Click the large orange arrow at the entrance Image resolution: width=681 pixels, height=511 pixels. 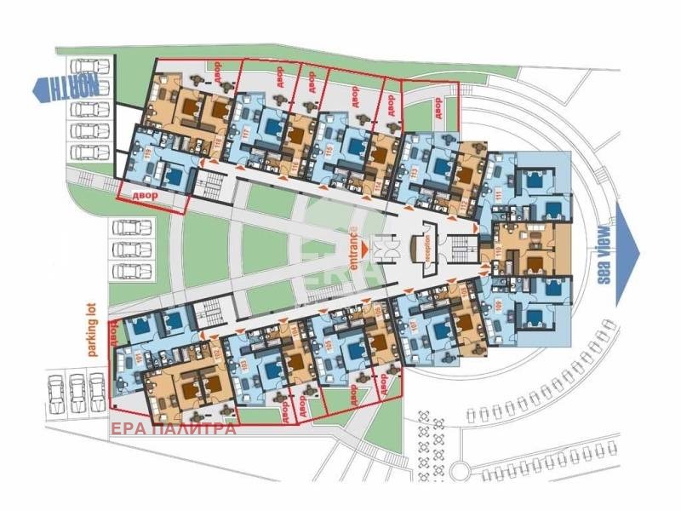pyautogui.click(x=365, y=248)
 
